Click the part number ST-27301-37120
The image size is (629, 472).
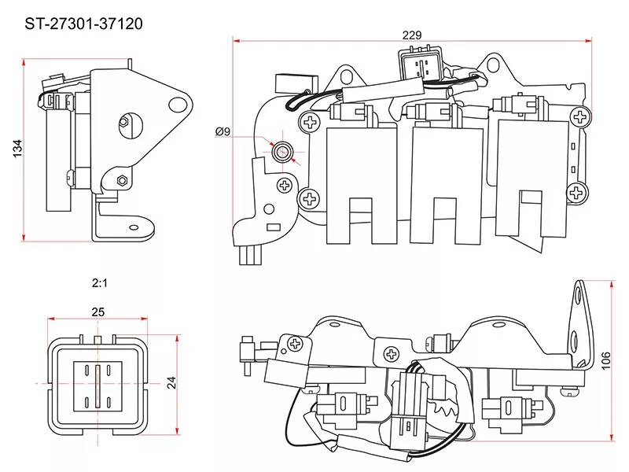73,24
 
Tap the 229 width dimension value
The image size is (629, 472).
412,35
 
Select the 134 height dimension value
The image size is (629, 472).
17,149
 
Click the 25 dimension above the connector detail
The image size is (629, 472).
97,312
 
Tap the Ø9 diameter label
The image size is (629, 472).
223,132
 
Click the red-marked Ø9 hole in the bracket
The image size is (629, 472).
282,149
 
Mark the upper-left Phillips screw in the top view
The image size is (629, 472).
311,121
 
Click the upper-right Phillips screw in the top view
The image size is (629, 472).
582,116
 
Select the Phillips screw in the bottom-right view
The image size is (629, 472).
296,344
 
